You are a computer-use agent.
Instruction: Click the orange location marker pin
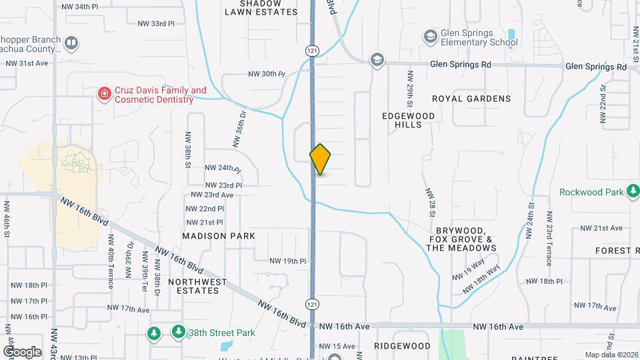click(320, 159)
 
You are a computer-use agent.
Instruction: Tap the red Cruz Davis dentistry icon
click(104, 94)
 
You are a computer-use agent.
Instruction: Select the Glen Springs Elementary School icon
click(431, 35)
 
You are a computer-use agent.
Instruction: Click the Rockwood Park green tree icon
click(633, 192)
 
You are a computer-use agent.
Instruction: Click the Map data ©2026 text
click(611, 355)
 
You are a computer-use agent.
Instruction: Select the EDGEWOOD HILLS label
click(408, 120)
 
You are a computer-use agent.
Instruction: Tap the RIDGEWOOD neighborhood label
click(402, 346)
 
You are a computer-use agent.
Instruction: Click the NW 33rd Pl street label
click(155, 23)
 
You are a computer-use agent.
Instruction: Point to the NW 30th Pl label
click(266, 74)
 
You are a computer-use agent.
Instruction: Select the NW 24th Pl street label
click(223, 168)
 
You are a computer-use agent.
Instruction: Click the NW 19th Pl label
click(287, 261)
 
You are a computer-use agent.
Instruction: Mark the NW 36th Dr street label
click(240, 129)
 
